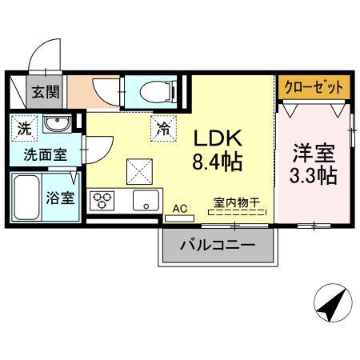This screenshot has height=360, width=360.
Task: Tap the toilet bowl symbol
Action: click(x=151, y=92)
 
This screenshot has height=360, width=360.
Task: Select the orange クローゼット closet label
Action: click(x=314, y=86)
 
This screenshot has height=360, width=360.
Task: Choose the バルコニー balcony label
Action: click(x=217, y=246)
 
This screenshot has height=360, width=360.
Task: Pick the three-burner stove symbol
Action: click(x=102, y=200)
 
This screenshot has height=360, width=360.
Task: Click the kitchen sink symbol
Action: click(x=146, y=200)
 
